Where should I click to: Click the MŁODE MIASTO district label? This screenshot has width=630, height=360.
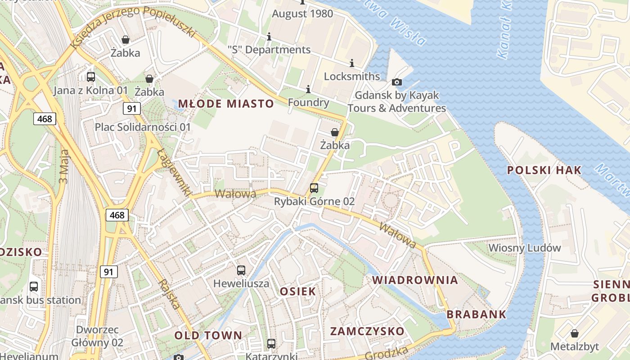[226, 104]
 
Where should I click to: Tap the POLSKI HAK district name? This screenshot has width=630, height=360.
[544, 170]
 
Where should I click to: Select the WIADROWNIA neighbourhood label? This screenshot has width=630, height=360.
[415, 280]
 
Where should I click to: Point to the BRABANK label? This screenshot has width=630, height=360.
[477, 314]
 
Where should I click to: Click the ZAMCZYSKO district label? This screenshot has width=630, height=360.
[367, 332]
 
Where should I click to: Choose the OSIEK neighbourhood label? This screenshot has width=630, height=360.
[298, 291]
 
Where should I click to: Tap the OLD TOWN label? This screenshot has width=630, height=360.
[208, 335]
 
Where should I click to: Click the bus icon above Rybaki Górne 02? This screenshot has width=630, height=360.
[314, 188]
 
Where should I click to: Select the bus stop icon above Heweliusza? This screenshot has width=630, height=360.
[241, 270]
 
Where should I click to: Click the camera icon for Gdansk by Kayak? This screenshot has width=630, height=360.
[396, 82]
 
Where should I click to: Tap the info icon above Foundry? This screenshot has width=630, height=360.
[308, 90]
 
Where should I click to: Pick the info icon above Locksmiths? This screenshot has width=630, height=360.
[352, 63]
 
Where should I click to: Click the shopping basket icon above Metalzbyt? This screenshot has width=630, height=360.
[575, 333]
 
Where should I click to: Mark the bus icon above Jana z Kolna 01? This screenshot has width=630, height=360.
[91, 77]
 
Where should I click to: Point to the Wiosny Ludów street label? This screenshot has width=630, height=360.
[525, 247]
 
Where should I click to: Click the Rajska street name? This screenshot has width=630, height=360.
[169, 294]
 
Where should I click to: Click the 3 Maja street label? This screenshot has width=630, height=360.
[64, 166]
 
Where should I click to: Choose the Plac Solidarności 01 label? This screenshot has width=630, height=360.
[143, 127]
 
